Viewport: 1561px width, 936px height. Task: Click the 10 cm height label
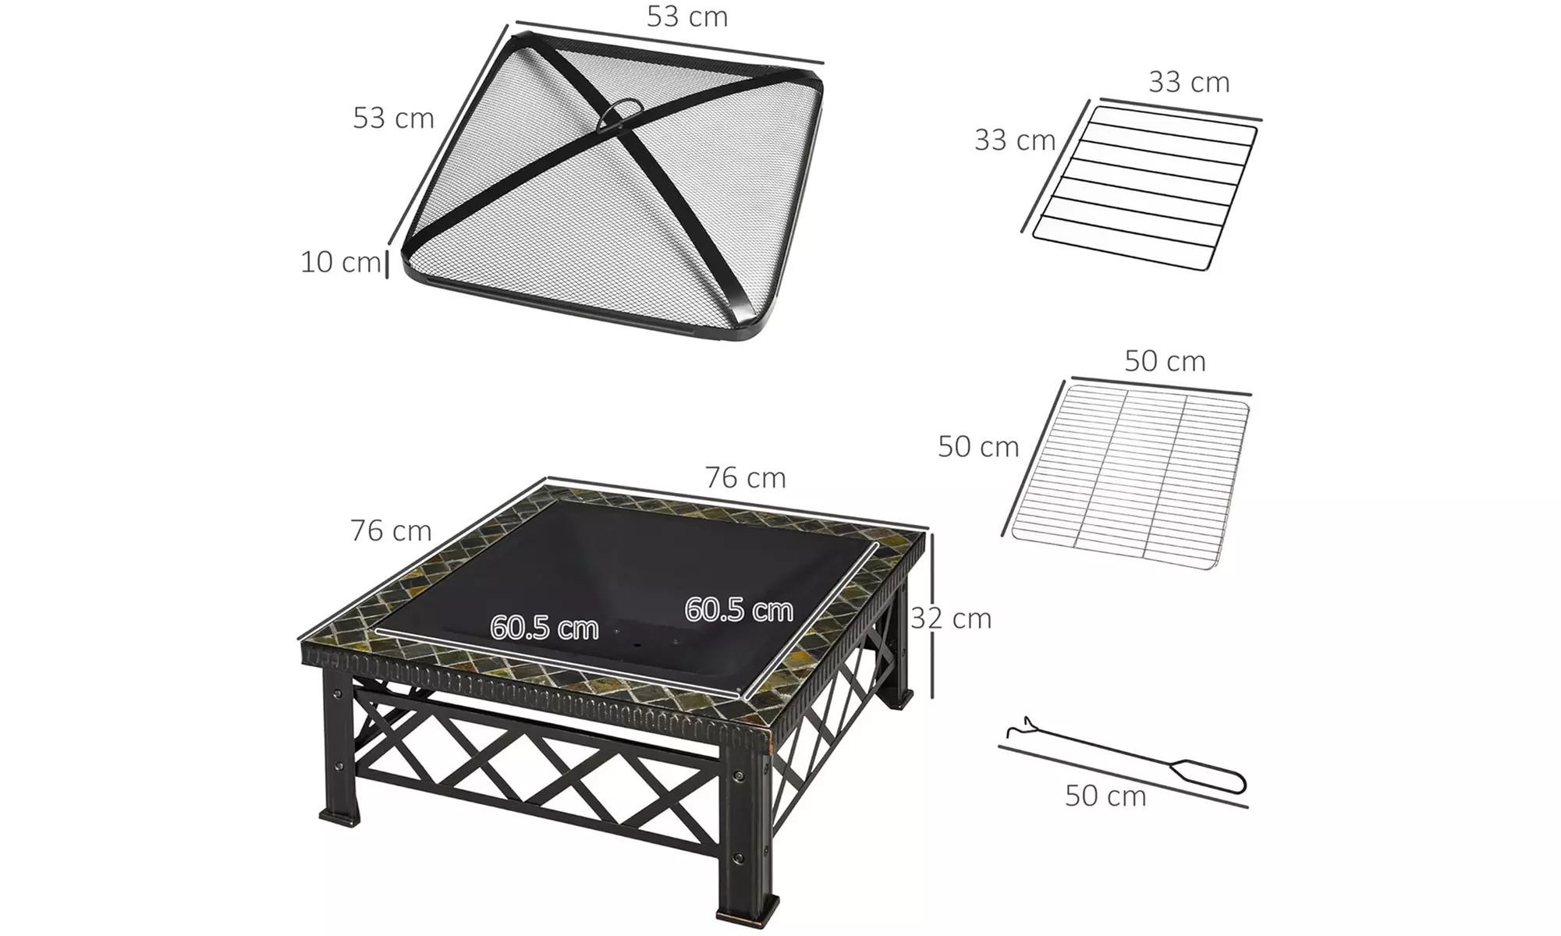pyautogui.click(x=340, y=262)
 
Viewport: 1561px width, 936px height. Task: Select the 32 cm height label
pyautogui.click(x=951, y=619)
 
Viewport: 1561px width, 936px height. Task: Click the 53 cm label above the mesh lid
pyautogui.click(x=687, y=16)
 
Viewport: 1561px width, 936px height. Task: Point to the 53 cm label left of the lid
pyautogui.click(x=393, y=118)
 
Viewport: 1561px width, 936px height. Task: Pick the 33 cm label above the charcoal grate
pyautogui.click(x=1189, y=82)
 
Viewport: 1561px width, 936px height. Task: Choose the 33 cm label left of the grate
pyautogui.click(x=1014, y=140)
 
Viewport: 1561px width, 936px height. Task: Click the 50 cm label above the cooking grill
pyautogui.click(x=1165, y=361)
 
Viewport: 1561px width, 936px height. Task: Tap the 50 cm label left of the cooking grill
pyautogui.click(x=978, y=447)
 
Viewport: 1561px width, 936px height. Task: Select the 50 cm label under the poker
pyautogui.click(x=1105, y=796)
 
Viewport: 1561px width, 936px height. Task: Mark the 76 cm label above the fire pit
pyautogui.click(x=745, y=477)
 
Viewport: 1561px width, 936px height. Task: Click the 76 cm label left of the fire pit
pyautogui.click(x=391, y=531)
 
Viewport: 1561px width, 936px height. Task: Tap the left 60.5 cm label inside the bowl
pyautogui.click(x=544, y=628)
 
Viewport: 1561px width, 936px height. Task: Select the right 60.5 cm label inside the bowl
pyautogui.click(x=738, y=610)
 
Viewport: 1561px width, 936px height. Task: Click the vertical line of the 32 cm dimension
pyautogui.click(x=933, y=616)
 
